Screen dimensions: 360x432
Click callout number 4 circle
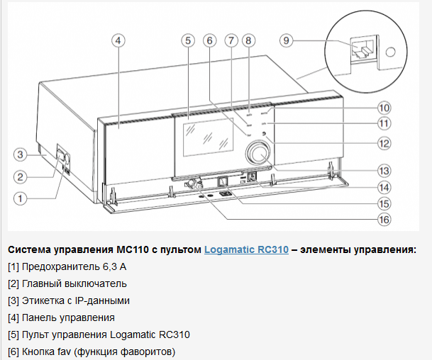point(118,40)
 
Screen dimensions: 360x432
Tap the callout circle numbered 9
point(286,41)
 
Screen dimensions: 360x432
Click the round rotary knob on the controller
point(257,154)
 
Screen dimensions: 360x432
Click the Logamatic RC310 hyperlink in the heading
point(246,249)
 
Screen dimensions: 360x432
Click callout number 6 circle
point(209,40)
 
